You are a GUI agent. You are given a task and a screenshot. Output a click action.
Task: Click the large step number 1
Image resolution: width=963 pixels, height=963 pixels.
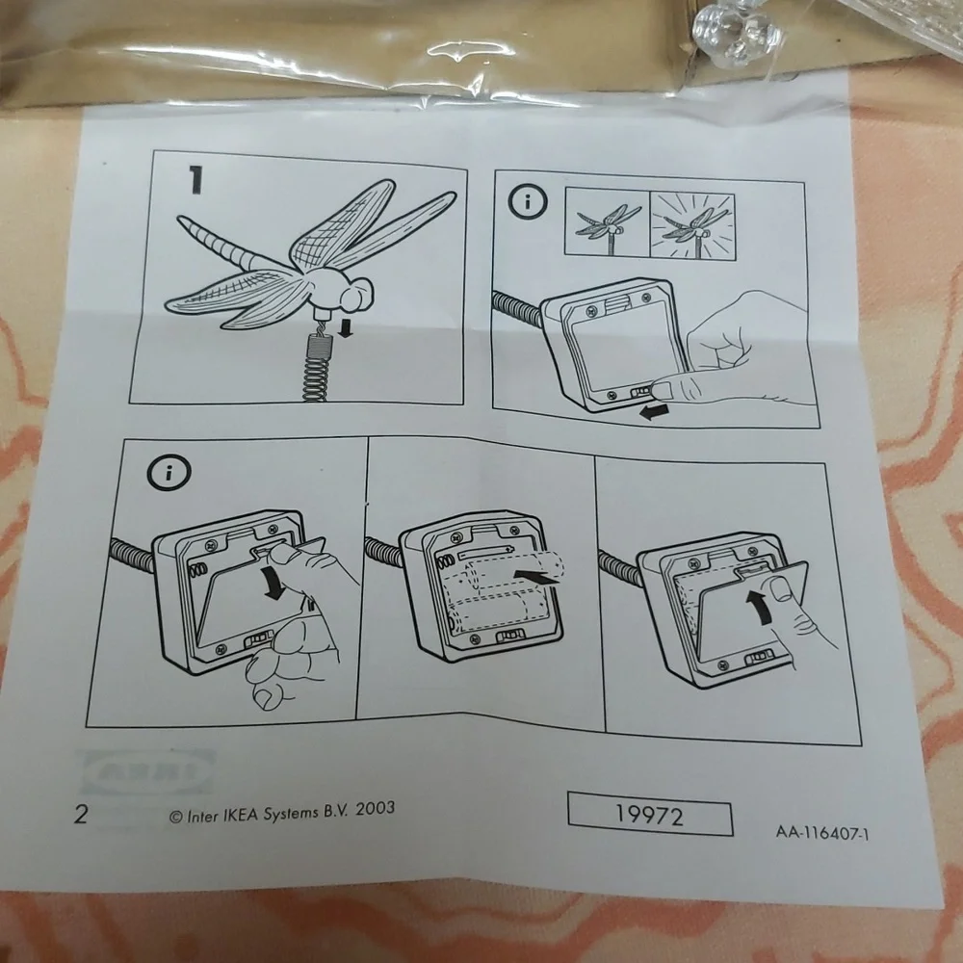pos(195,180)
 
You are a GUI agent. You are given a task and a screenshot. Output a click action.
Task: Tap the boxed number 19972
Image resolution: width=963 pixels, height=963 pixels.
pos(650,815)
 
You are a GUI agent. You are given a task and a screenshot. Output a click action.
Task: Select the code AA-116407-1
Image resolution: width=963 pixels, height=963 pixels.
pos(822,832)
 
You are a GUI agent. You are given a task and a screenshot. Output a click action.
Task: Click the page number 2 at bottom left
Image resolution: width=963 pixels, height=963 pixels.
pos(81,814)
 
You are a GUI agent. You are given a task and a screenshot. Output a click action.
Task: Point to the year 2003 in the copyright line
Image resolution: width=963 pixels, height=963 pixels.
pos(375,809)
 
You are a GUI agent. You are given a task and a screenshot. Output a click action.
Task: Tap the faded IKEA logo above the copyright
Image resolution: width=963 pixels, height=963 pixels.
pos(148,771)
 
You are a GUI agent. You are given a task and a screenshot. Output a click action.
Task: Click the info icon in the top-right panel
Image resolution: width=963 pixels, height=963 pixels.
pos(527,201)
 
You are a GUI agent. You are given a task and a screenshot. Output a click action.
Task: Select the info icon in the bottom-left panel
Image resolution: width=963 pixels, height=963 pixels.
pos(169,472)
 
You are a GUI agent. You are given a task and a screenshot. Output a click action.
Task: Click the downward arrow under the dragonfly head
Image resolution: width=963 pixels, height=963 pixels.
pos(347,329)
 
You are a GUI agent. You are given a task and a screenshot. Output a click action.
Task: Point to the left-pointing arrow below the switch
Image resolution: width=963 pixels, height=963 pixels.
pos(654,412)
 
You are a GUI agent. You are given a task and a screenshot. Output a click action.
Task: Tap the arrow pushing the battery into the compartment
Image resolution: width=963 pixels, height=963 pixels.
pos(536,575)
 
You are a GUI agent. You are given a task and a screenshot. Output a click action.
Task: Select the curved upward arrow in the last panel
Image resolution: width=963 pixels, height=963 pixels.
pos(762,606)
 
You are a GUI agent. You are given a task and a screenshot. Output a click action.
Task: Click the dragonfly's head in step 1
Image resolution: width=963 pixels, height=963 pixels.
pos(352,294)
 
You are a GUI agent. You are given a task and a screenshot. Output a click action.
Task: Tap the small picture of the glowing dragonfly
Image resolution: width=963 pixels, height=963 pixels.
pos(692,225)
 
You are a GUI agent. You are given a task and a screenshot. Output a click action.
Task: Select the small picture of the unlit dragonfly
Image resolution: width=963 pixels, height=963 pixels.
pos(608,222)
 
